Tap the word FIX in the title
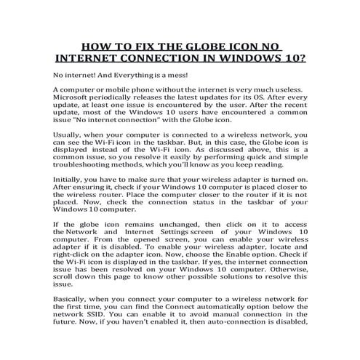point(145,43)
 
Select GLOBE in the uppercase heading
point(204,43)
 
